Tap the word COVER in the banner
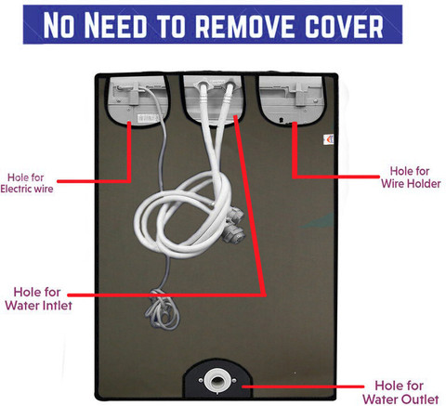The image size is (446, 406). tap(345, 25)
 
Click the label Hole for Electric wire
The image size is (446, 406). tap(27, 183)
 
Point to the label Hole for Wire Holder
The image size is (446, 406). tap(411, 177)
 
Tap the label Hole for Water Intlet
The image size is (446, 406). tap(38, 299)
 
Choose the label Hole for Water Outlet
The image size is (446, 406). tap(400, 392)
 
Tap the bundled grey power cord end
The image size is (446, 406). tap(162, 308)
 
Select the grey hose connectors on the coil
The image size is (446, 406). tap(233, 225)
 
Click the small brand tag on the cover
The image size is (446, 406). tap(329, 139)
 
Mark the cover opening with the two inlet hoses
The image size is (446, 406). tap(214, 99)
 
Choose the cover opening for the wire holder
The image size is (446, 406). tap(291, 99)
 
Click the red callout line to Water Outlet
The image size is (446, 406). tap(303, 386)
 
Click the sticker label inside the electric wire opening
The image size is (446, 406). tap(149, 118)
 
